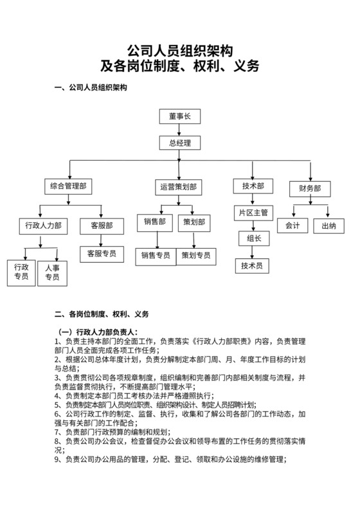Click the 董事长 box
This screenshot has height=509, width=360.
(x=180, y=116)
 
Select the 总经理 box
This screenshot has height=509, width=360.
(x=180, y=143)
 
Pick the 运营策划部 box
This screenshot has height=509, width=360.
(x=178, y=187)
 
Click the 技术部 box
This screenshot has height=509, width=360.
(x=253, y=186)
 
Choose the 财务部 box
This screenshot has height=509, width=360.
(x=310, y=188)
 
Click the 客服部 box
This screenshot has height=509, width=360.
(x=102, y=226)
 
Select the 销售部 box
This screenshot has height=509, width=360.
(x=155, y=222)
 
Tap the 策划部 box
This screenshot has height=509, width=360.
(x=194, y=222)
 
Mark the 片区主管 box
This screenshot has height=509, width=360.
(x=253, y=212)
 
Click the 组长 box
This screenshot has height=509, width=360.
(x=253, y=238)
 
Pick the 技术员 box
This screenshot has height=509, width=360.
(x=253, y=265)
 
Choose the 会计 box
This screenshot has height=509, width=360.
(x=292, y=226)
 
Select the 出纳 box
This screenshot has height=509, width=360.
(x=329, y=226)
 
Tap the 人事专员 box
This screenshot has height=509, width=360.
(x=52, y=272)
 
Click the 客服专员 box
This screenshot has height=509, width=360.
(x=102, y=253)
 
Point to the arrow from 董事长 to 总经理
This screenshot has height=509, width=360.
(x=180, y=130)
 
